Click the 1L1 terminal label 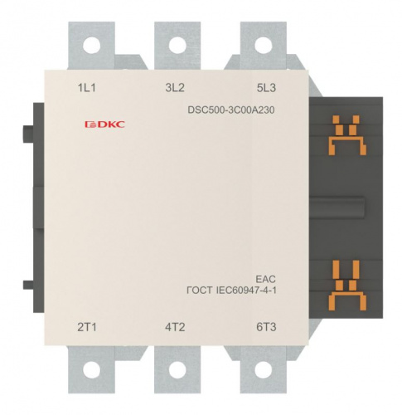(x=86, y=88)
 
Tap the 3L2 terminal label (x=175, y=88)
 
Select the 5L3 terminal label (x=266, y=88)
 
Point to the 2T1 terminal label (x=87, y=327)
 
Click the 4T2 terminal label (x=175, y=327)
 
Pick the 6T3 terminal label (x=266, y=327)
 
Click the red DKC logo (x=104, y=124)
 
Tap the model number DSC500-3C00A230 (x=231, y=110)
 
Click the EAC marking (x=265, y=279)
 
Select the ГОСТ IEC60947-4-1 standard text (x=231, y=290)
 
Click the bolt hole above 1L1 (x=91, y=45)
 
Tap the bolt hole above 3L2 (x=177, y=45)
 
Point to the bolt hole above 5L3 (x=264, y=45)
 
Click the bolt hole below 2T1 (x=91, y=369)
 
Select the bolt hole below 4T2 (x=177, y=369)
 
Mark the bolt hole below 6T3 (x=264, y=369)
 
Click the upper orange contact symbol (x=347, y=135)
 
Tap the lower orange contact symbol (x=347, y=286)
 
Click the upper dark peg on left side (x=28, y=134)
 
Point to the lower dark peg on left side (x=28, y=285)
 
